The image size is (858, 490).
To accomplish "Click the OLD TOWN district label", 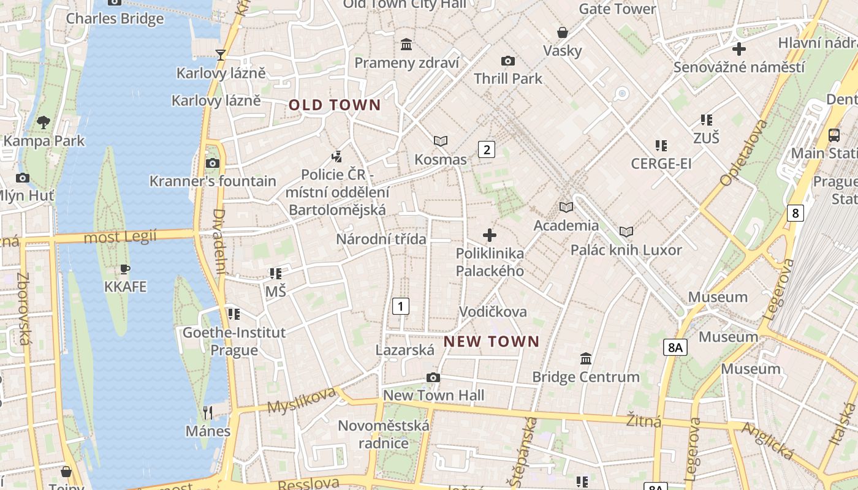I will pos(335,105).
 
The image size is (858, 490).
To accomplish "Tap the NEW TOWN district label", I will pos(492,341).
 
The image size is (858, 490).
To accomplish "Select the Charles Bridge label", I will pos(115,18).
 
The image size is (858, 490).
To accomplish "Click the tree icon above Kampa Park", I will pos(44,122).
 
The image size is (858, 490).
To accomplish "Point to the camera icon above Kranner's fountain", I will pos(213,163).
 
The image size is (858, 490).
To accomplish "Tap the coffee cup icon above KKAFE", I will pos(125,269).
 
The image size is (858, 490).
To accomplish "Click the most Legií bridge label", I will pos(120,236).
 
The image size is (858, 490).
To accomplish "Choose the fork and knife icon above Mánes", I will pos(208,412).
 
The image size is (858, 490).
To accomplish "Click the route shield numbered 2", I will pos(487,149).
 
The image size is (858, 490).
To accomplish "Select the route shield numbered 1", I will pos(400,306).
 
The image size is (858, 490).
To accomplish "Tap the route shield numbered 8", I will pos(795,213).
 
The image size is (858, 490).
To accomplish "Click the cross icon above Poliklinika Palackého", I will pos(489,235).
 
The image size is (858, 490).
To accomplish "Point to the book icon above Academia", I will pos(566,207).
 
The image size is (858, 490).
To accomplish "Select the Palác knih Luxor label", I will pos(626,250).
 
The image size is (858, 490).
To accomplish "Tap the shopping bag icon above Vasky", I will pos(562,32).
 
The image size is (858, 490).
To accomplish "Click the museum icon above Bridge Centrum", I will pos(586,358).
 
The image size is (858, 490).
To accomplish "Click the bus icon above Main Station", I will pos(834,135).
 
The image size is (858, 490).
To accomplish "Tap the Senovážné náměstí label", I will pos(738,67).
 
